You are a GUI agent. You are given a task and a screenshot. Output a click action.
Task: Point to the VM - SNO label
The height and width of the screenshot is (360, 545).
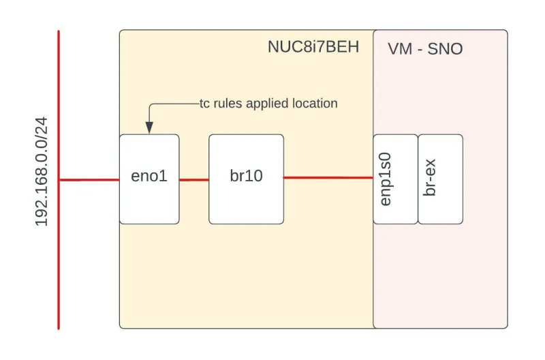[x=425, y=49]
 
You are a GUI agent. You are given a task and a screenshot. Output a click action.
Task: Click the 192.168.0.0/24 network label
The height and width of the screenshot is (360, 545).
[x=42, y=172]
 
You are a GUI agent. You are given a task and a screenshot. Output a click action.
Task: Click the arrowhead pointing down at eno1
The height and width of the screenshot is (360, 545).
[x=149, y=127]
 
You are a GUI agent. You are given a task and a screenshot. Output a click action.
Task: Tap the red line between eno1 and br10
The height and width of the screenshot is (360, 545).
[x=194, y=180]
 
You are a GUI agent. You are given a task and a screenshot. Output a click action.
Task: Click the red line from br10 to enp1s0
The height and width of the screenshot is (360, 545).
[x=328, y=178]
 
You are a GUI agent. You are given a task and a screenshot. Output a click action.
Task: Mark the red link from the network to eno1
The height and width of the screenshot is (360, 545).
[x=89, y=180]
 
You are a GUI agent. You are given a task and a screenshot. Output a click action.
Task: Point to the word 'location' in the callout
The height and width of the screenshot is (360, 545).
[x=313, y=104]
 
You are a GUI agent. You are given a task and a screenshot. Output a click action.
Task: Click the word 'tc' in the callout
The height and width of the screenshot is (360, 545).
[x=204, y=104]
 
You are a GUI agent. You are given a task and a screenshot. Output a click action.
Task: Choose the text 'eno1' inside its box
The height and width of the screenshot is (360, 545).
[x=149, y=176]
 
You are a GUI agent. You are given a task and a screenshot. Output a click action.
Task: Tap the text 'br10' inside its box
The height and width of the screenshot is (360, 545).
[x=246, y=176]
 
